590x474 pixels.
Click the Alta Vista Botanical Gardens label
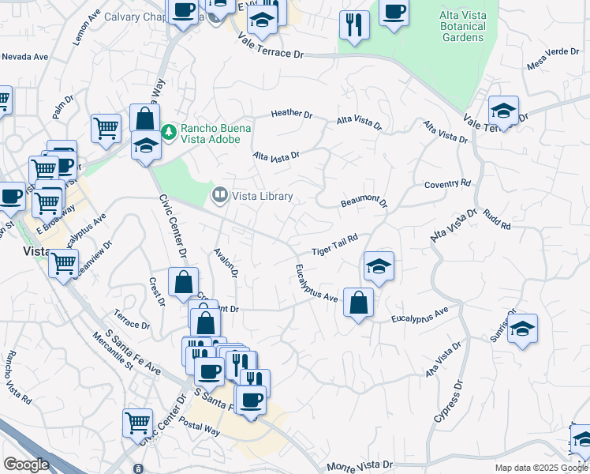(x=462, y=26)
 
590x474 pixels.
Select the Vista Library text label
(x=263, y=196)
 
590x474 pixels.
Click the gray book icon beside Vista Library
(x=220, y=194)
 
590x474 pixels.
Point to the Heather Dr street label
(x=292, y=114)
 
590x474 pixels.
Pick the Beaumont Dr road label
(x=364, y=202)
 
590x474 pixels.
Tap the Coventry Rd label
(x=447, y=184)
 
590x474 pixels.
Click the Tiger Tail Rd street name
(x=334, y=244)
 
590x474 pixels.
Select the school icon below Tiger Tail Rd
(x=379, y=267)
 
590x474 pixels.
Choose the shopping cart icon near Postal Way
(x=138, y=423)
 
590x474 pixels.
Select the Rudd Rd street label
(x=497, y=220)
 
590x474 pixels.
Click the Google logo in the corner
(x=26, y=465)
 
